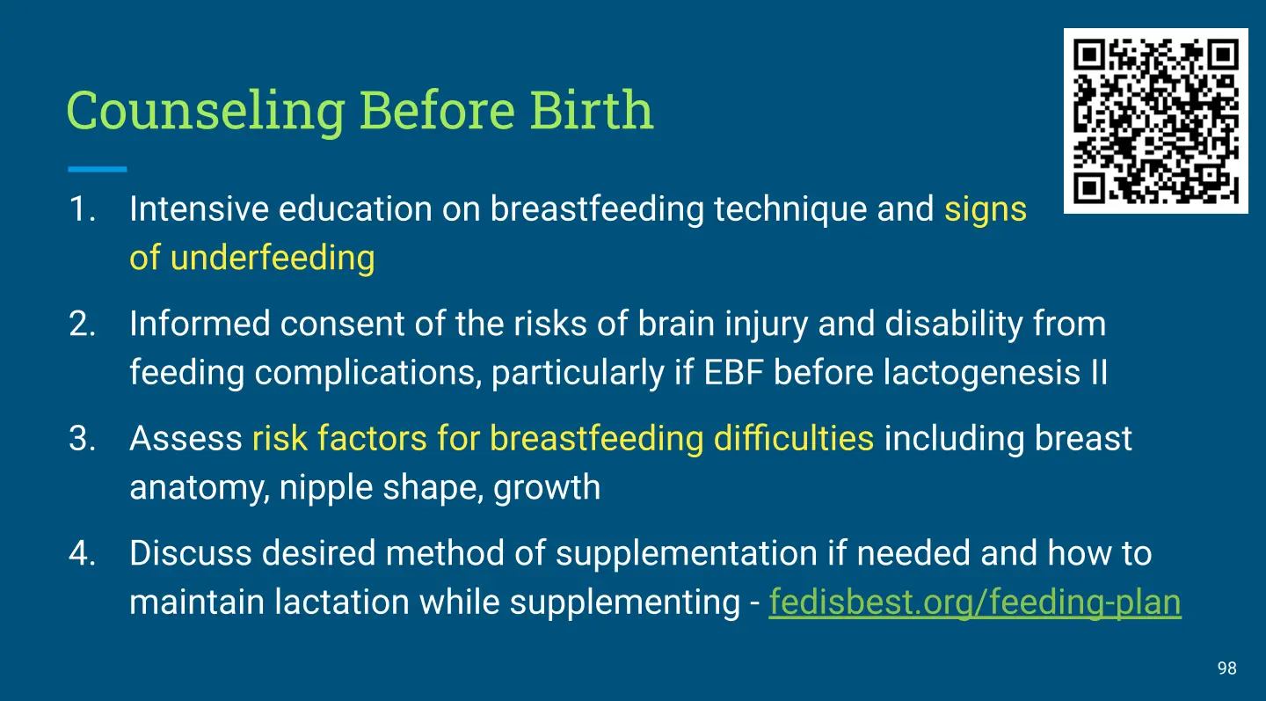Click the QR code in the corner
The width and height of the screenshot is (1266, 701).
pos(1156,121)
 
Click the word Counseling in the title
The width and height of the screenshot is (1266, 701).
pos(206,111)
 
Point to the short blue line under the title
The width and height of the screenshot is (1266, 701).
pos(98,169)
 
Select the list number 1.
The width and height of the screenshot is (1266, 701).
pos(82,208)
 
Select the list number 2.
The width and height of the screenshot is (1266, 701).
pos(82,324)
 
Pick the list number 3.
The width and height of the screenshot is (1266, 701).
pos(82,439)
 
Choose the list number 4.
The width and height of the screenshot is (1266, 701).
pos(82,553)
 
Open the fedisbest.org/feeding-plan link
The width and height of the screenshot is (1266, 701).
pos(975,602)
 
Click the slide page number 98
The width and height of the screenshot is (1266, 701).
pos(1227,668)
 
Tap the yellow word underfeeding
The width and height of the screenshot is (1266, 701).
pos(273,258)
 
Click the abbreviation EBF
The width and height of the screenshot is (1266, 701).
pos(733,373)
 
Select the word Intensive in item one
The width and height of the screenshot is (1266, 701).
pos(199,208)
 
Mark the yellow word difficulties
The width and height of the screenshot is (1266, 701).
pos(794,438)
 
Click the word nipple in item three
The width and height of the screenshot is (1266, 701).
pos(326,487)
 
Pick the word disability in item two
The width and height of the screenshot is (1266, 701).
pos(954,324)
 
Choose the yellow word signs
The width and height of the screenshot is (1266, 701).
pos(985,209)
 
